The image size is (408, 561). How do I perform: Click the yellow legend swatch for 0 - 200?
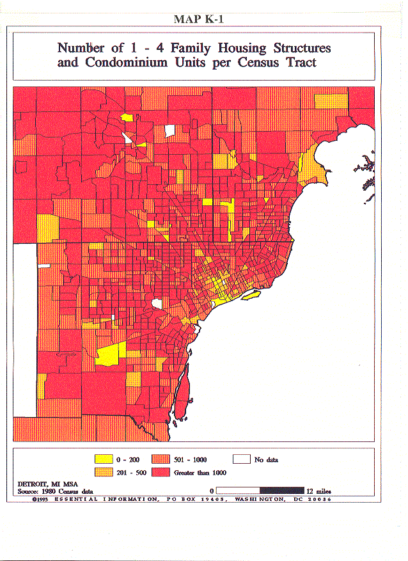pos(102,459)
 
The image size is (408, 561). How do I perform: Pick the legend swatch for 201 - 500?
pos(102,472)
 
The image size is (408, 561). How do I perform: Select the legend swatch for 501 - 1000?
pos(161,459)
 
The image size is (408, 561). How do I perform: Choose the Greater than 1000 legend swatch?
pos(161,472)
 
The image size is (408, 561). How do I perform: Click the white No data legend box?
pos(242,459)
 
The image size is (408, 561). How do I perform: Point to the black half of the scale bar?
pos(282,491)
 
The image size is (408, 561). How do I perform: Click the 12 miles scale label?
pos(318,491)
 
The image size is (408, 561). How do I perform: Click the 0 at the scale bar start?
pos(211,491)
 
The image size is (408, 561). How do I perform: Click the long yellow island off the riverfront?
pos(250,294)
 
